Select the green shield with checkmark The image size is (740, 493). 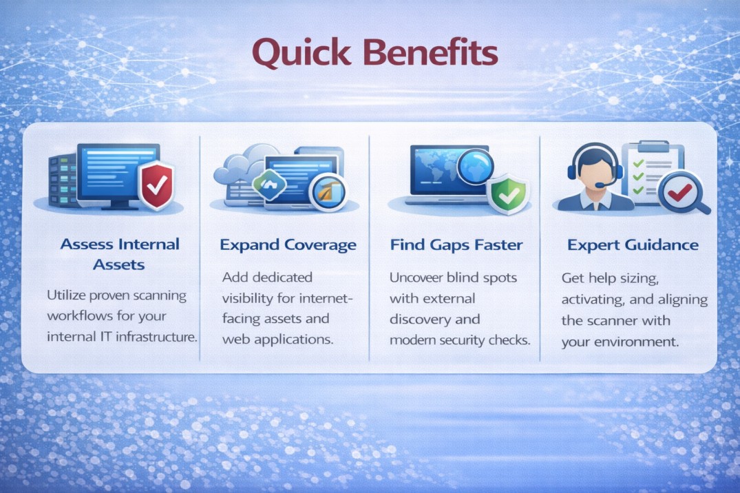508,194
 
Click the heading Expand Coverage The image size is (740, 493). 288,244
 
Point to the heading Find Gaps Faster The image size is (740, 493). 456,244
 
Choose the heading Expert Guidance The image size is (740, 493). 633,244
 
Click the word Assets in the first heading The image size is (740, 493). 119,264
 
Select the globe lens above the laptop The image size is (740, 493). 475,166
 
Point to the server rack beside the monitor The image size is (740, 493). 63,182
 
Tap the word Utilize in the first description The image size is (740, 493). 66,295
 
